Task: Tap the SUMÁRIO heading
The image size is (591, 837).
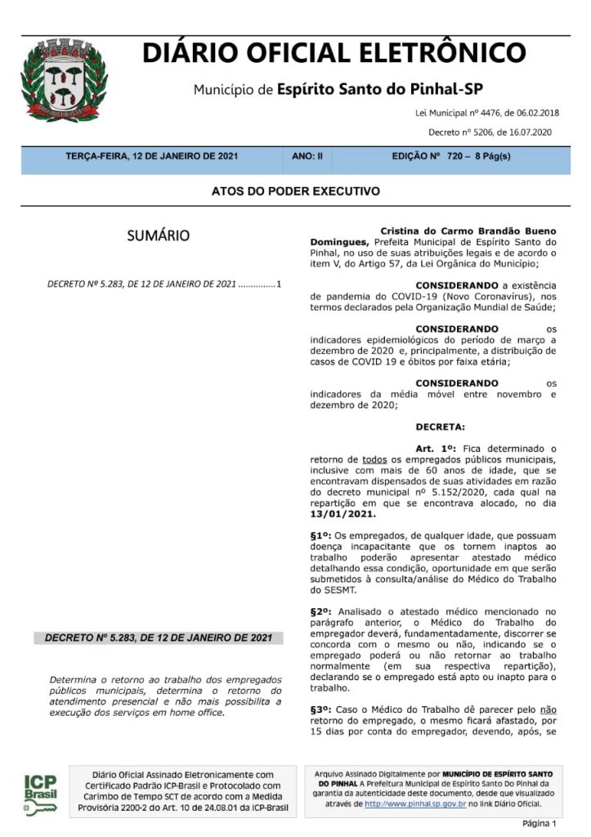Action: [158, 236]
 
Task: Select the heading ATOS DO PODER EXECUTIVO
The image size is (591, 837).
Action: [295, 191]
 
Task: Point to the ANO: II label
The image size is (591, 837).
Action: [307, 155]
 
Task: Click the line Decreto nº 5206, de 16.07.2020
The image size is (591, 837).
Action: [490, 132]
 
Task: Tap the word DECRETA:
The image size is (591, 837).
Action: [440, 427]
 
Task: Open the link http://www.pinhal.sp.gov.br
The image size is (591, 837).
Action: [415, 804]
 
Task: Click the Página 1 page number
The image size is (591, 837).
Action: [539, 823]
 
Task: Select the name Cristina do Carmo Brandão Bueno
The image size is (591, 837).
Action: [468, 231]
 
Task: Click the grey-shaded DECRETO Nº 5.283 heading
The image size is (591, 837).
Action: [159, 638]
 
